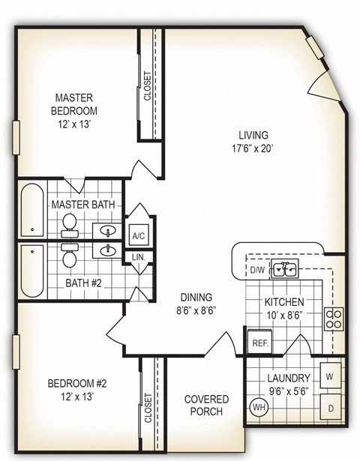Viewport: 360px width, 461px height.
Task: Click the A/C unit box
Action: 139,235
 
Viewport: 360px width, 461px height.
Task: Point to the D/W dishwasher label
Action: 257,270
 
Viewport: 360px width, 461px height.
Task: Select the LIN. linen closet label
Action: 139,257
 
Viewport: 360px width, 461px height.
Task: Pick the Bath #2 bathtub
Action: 32,270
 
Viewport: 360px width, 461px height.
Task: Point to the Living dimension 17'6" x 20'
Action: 253,148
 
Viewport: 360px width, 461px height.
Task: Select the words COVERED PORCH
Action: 206,406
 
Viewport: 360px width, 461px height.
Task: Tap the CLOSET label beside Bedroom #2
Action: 148,409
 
